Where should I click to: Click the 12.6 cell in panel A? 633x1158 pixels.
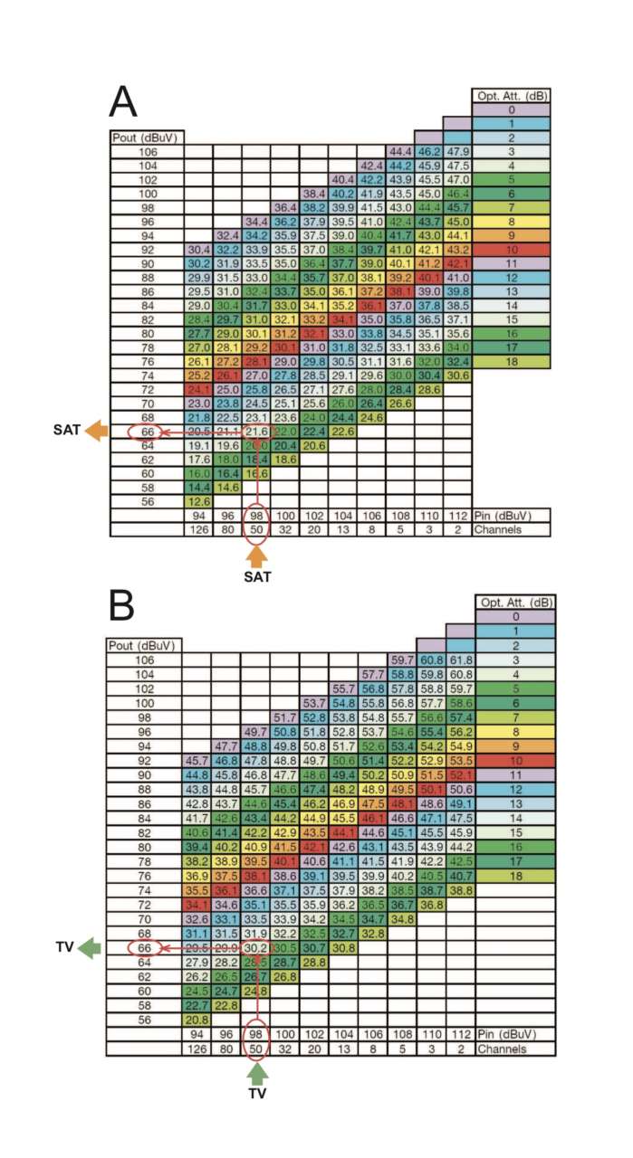click(x=197, y=501)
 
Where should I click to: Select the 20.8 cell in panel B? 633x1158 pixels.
click(x=197, y=1016)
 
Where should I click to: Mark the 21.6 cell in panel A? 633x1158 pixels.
click(x=255, y=432)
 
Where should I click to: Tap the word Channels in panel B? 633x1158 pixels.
click(x=501, y=1049)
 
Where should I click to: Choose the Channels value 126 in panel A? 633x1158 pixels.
click(x=197, y=530)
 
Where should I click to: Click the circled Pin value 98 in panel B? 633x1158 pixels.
click(x=255, y=1033)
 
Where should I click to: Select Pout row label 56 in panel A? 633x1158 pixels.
click(x=143, y=501)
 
